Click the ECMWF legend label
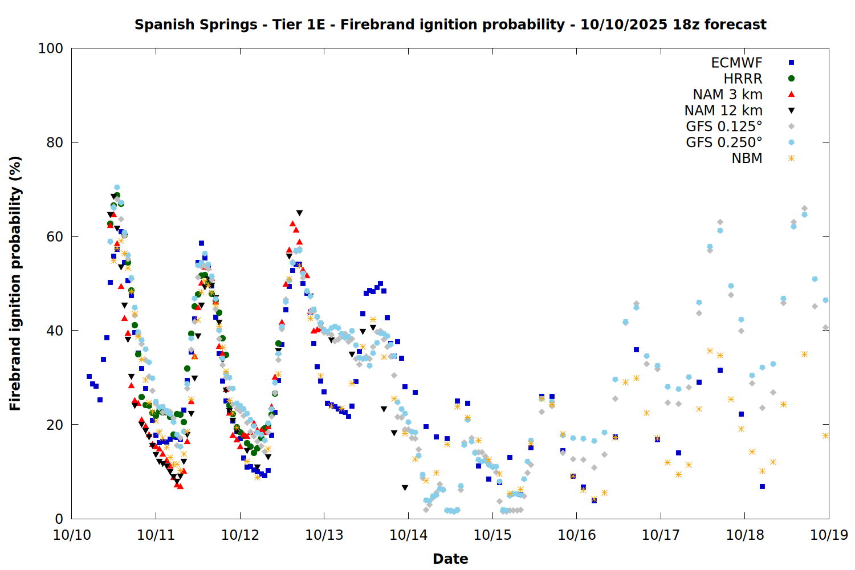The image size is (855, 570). click(x=736, y=63)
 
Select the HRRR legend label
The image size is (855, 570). click(x=743, y=79)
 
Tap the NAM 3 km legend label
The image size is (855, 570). click(x=727, y=95)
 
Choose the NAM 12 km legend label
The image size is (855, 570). click(x=723, y=111)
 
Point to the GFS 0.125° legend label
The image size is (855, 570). click(x=724, y=127)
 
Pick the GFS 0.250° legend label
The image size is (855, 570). click(x=724, y=142)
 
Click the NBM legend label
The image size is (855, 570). click(x=747, y=158)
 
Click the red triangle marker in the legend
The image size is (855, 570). click(x=791, y=94)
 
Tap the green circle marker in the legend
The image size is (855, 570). click(x=791, y=79)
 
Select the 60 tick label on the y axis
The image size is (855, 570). click(x=54, y=237)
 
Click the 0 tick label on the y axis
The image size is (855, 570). click(x=59, y=519)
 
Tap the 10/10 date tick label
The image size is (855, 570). click(x=72, y=535)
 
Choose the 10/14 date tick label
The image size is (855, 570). click(x=408, y=535)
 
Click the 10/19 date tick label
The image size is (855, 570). click(x=829, y=535)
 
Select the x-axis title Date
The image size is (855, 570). click(x=450, y=559)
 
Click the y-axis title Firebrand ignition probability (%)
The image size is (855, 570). click(x=15, y=283)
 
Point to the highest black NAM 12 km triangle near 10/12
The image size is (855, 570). click(x=299, y=213)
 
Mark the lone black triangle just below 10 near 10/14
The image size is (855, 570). click(x=405, y=488)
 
